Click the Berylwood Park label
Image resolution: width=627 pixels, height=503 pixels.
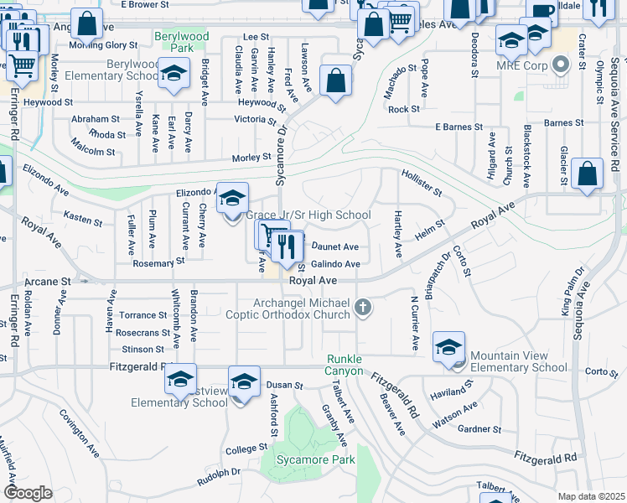[180, 43]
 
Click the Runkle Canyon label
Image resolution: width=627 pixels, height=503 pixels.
[345, 365]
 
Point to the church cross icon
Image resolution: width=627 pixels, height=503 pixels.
[363, 308]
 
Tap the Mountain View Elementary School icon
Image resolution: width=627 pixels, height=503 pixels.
[448, 347]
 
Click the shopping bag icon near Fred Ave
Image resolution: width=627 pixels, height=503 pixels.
[335, 81]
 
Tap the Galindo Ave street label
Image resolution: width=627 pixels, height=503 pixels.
[335, 264]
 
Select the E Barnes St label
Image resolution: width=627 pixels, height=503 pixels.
[459, 127]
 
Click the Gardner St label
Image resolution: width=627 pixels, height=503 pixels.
[479, 429]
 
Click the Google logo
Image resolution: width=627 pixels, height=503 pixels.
[27, 493]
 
